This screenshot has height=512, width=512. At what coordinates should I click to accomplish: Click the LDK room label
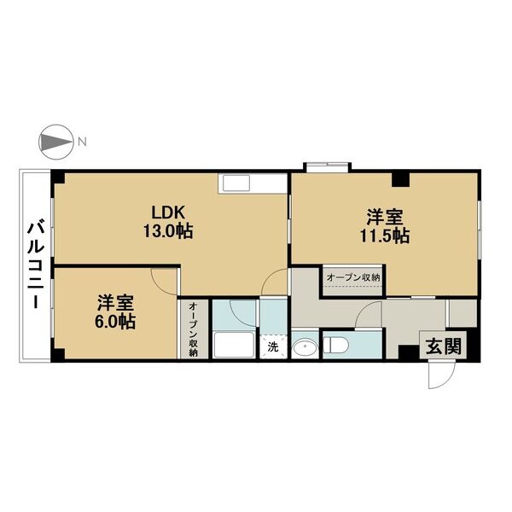[168, 212]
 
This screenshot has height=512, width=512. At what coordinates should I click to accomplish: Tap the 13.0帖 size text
[168, 231]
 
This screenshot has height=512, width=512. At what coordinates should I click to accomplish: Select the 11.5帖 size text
[385, 236]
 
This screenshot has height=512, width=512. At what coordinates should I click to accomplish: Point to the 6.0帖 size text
[115, 322]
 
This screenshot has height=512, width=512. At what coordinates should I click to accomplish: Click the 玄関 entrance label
[444, 346]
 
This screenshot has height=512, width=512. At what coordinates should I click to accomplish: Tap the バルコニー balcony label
[35, 265]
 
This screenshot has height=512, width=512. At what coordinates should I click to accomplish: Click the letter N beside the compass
[82, 142]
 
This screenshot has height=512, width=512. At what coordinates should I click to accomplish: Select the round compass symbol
[55, 142]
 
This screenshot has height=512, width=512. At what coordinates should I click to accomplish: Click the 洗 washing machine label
[273, 347]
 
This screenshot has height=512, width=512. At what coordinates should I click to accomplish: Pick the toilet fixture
[335, 346]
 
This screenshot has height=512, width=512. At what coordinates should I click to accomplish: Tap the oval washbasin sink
[305, 348]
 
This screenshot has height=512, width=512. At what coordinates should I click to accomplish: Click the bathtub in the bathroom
[234, 345]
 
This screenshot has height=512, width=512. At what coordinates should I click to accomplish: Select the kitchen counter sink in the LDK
[236, 183]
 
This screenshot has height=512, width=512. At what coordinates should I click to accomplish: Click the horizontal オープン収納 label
[353, 277]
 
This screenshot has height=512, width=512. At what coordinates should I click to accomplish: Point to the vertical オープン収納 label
[194, 329]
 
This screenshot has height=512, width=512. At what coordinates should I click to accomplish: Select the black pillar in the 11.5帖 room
[401, 179]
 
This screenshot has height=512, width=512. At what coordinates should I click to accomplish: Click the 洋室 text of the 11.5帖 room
[385, 217]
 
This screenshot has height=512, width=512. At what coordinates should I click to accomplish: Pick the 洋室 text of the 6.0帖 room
[115, 303]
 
